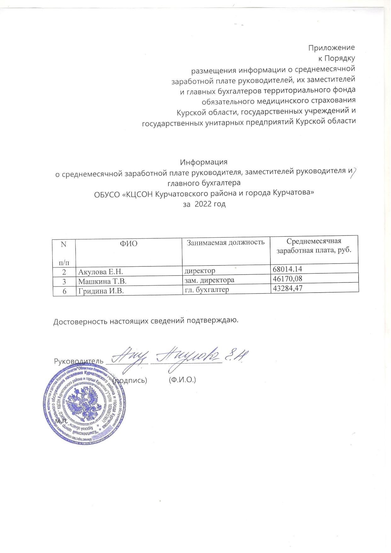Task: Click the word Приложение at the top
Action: (331, 48)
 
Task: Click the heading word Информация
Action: (203, 162)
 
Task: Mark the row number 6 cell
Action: (64, 291)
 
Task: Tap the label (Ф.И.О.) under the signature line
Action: (182, 380)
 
